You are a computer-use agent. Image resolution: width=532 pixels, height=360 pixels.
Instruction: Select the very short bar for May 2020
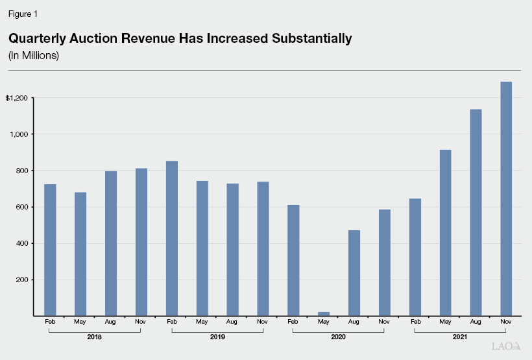[x=324, y=314]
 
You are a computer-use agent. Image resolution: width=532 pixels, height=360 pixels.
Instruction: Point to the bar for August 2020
[x=354, y=273]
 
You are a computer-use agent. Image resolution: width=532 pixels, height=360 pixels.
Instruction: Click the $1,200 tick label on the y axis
[x=18, y=98]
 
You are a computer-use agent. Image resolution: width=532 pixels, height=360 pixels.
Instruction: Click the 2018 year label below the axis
[x=94, y=337]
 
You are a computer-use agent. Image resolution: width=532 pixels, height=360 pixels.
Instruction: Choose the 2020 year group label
[x=338, y=337]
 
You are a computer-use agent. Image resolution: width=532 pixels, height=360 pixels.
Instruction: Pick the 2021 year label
[x=460, y=337]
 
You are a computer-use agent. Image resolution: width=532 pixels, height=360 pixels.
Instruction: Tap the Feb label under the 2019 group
[x=171, y=322]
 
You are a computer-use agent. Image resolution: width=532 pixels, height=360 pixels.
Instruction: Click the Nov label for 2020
[x=384, y=322]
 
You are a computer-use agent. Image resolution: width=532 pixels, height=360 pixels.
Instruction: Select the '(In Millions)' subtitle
[x=34, y=56]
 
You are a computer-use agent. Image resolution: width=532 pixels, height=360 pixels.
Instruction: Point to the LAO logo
[x=506, y=347]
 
